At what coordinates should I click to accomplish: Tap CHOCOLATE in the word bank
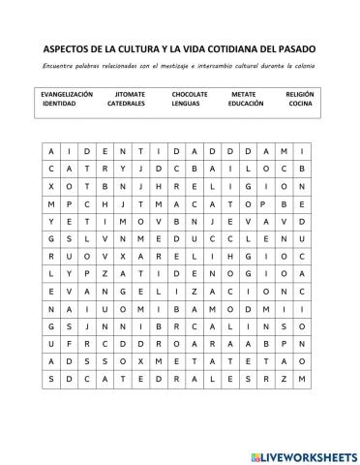pos(190,94)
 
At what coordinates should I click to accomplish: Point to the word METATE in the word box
pos(244,94)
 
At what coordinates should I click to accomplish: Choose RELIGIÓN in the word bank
pos(300,94)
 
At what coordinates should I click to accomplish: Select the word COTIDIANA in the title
pos(231,47)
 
